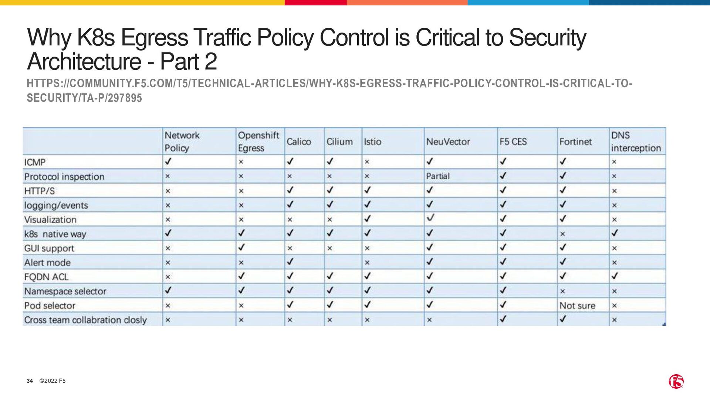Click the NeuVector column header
tap(448, 141)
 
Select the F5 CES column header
tap(513, 141)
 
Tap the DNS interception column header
tap(636, 141)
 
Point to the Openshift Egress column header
tap(258, 141)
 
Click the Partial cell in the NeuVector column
tap(438, 176)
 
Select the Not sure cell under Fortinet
tap(577, 306)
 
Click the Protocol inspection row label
tap(64, 177)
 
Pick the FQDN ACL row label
tap(46, 277)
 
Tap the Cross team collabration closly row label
tap(85, 320)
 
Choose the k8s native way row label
tap(55, 234)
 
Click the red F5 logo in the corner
tap(676, 381)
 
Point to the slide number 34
tap(30, 381)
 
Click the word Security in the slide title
tap(547, 38)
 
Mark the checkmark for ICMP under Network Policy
tap(168, 161)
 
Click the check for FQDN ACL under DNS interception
tap(615, 276)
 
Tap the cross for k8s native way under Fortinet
tap(562, 234)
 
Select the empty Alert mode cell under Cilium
tap(343, 262)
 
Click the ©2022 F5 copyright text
tap(53, 381)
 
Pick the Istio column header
tap(372, 141)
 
